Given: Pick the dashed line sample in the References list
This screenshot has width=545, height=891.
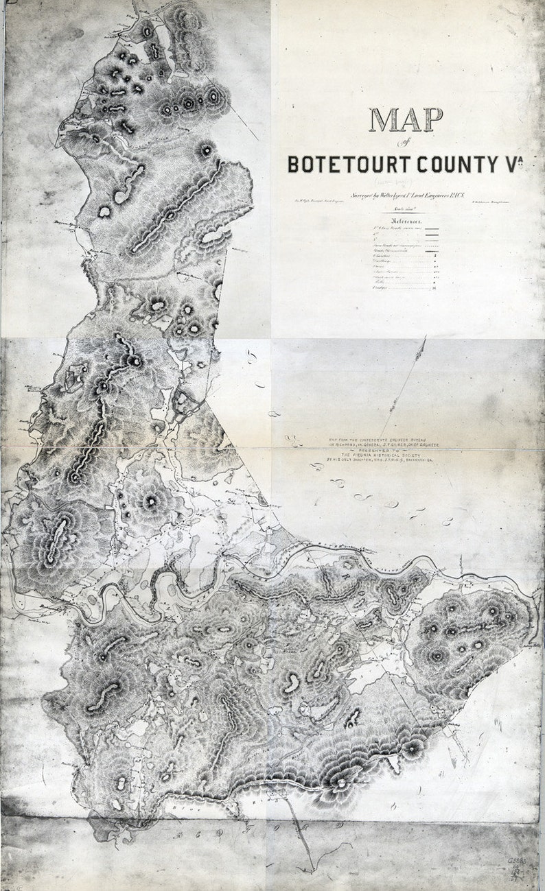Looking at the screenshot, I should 432,245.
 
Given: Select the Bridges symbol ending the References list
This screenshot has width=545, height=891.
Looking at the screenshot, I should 434,289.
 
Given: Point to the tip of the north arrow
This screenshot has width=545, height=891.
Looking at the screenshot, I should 425,337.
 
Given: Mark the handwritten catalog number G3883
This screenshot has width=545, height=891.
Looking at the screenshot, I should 516,859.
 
